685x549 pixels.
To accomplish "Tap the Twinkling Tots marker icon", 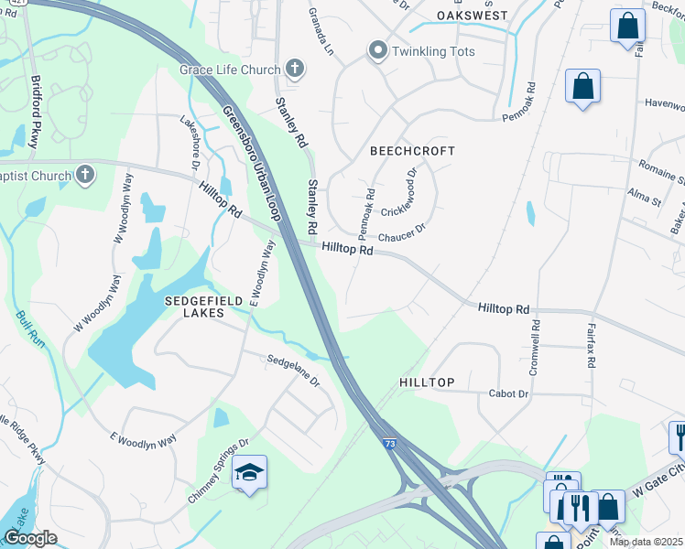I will click(377, 51).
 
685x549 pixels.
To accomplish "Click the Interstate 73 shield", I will click(390, 444).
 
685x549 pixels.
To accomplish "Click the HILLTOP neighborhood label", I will click(427, 382).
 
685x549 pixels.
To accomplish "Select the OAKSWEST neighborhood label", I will click(472, 16).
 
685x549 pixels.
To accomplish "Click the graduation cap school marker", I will click(248, 472).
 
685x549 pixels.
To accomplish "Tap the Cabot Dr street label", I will click(511, 393).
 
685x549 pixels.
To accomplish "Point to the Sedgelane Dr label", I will click(292, 370).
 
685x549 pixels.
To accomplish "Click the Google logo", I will click(29, 537).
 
